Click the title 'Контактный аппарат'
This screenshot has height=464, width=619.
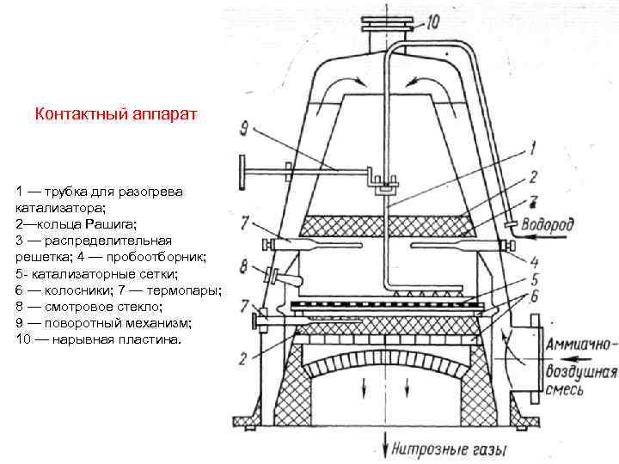pos(116,113)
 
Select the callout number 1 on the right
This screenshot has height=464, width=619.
pos(532,150)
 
